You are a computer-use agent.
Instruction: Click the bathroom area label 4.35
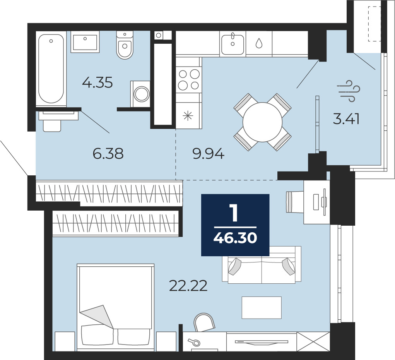tap(97, 82)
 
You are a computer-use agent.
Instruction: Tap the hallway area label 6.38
tap(108, 153)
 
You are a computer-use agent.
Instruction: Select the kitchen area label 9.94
tap(208, 154)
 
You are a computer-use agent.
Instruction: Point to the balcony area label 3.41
tap(346, 119)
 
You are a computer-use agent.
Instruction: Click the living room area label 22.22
tap(188, 286)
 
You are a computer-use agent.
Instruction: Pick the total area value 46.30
tap(235, 238)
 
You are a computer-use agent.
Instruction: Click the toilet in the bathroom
tap(125, 45)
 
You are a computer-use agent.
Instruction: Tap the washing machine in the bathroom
tap(140, 94)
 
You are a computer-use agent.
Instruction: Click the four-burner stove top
tap(189, 80)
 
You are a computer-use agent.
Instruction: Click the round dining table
tap(262, 122)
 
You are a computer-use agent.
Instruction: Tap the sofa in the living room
tap(262, 265)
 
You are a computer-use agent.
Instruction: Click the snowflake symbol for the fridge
tap(188, 116)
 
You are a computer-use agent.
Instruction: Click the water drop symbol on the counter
tap(259, 43)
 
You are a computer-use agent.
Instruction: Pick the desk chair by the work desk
tap(295, 202)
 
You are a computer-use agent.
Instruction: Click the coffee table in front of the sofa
tap(262, 308)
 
